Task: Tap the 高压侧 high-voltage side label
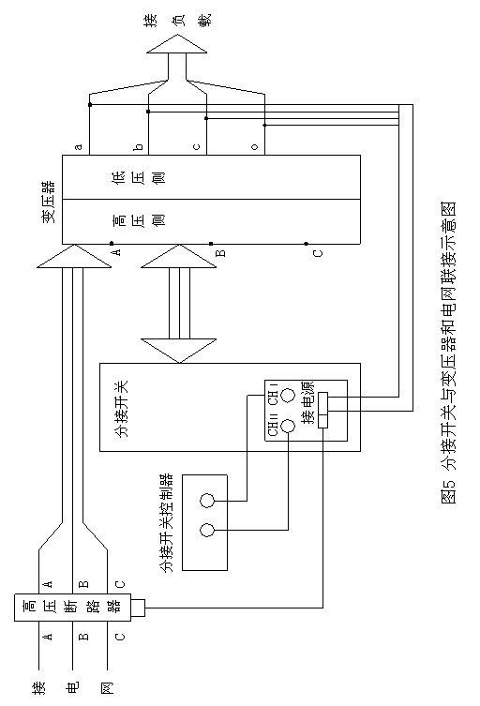pyautogui.click(x=138, y=220)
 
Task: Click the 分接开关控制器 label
pyautogui.click(x=167, y=522)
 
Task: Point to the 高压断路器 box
pyautogui.click(x=72, y=608)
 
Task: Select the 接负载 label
pyautogui.click(x=177, y=21)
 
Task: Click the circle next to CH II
pyautogui.click(x=287, y=426)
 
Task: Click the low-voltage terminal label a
pyautogui.click(x=79, y=147)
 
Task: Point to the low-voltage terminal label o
pyautogui.click(x=255, y=147)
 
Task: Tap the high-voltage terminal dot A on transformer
pyautogui.click(x=112, y=244)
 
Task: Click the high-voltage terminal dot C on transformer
pyautogui.click(x=307, y=244)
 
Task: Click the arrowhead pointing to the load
pyautogui.click(x=177, y=44)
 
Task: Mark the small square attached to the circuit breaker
pyautogui.click(x=138, y=608)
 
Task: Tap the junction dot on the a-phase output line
pyautogui.click(x=90, y=105)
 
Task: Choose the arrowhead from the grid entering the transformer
pyautogui.click(x=74, y=256)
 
